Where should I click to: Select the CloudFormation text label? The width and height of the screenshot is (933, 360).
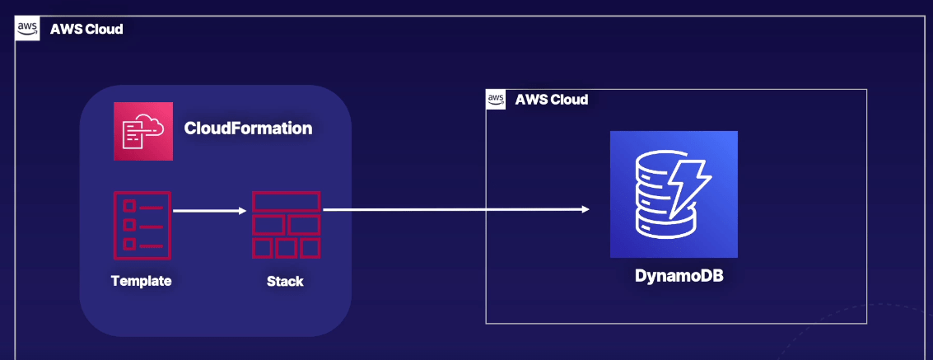click(x=248, y=129)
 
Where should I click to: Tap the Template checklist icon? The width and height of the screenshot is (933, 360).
click(x=142, y=224)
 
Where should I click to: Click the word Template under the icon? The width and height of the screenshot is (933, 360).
click(x=142, y=281)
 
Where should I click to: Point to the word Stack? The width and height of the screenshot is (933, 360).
click(x=285, y=281)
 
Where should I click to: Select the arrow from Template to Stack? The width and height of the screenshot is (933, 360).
click(x=209, y=211)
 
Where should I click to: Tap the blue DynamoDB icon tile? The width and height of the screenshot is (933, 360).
click(x=674, y=194)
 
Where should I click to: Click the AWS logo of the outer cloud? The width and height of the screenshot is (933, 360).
click(x=28, y=29)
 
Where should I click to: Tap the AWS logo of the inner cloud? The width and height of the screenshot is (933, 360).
click(x=496, y=100)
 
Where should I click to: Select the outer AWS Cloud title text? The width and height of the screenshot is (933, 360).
click(x=86, y=30)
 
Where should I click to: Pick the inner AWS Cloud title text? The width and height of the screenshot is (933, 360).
click(x=552, y=100)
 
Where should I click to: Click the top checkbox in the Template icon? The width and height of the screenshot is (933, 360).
click(x=128, y=204)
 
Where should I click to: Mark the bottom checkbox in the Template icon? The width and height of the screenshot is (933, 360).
click(x=128, y=243)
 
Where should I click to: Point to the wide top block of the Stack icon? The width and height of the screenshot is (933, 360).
click(x=286, y=200)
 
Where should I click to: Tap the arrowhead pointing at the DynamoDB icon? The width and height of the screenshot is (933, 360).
click(x=585, y=209)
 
